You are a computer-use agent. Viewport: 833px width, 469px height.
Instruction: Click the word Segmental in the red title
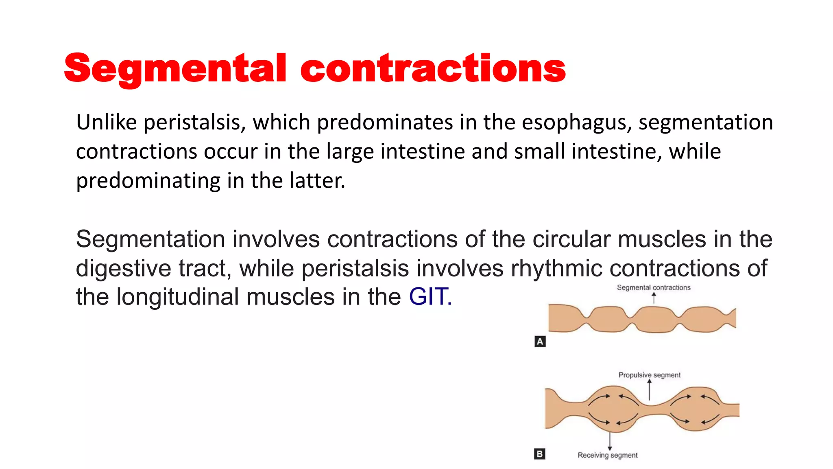(175, 68)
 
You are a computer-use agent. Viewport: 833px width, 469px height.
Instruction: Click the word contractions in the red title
(433, 68)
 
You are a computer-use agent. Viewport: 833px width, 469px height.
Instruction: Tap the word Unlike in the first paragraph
(106, 122)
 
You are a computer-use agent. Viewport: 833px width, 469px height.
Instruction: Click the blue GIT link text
(430, 296)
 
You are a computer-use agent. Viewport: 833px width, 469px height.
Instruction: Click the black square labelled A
(540, 342)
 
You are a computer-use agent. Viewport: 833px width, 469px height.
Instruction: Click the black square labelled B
(540, 454)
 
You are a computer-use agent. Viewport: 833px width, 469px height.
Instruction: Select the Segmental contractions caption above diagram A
(654, 287)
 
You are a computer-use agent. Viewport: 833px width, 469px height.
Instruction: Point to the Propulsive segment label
(649, 375)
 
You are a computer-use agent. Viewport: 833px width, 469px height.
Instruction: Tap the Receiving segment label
(607, 455)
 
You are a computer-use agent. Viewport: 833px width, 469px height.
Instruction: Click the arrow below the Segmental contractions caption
(654, 298)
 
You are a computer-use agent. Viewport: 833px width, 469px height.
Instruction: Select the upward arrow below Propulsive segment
(650, 390)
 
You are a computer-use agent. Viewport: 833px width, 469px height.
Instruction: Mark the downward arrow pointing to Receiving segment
(610, 441)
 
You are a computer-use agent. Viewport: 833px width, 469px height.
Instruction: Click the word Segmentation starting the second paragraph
(150, 239)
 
